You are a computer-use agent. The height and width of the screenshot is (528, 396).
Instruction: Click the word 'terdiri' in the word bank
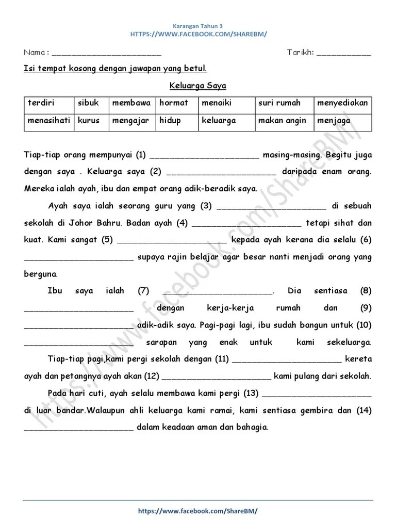point(41,103)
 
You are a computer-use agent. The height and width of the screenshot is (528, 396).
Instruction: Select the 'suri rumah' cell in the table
point(279,103)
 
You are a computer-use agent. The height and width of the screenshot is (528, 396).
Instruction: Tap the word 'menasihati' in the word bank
point(49,121)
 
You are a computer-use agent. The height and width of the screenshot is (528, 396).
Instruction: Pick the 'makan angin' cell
point(282,121)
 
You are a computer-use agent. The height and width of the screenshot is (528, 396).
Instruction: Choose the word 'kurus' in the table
point(89,121)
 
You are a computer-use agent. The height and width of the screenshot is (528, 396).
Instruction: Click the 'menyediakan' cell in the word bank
point(342,103)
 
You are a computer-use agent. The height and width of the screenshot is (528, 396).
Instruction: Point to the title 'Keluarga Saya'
point(198,86)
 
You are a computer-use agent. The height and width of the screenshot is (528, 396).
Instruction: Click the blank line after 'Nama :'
point(107,54)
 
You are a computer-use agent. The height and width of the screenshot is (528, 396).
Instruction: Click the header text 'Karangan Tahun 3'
point(198,25)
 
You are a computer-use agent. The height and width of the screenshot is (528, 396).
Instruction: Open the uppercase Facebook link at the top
point(198,34)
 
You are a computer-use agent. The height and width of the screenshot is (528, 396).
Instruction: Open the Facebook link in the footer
point(198,510)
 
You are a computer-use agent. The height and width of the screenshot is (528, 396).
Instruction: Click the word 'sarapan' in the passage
point(161,342)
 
